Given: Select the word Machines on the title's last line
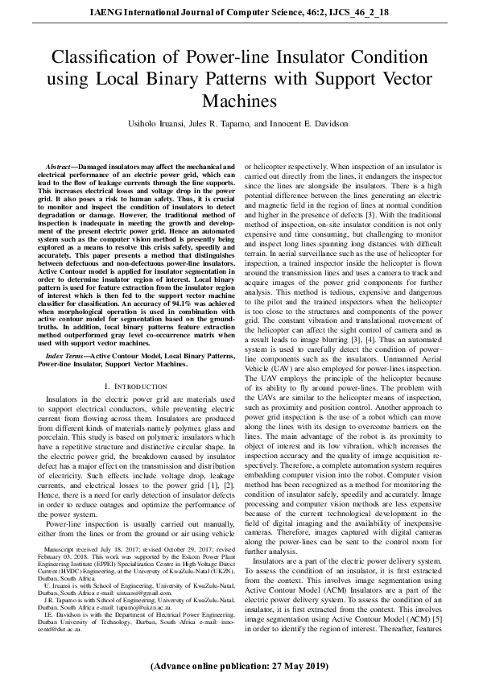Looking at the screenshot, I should click(239, 101).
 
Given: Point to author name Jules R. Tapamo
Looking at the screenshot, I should click(236, 124).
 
